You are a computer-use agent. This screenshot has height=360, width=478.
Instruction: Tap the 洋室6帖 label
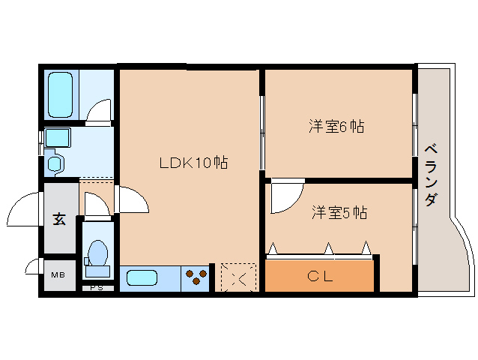pyautogui.click(x=336, y=127)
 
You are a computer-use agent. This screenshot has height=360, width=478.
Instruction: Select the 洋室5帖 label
pyautogui.click(x=339, y=212)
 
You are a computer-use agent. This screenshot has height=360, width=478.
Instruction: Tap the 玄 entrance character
pyautogui.click(x=58, y=219)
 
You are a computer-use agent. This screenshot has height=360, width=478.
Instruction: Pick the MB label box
pyautogui.click(x=58, y=275)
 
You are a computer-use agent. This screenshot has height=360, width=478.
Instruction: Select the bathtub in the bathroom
pyautogui.click(x=60, y=94)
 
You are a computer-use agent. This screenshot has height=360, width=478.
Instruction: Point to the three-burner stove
pyautogui.click(x=196, y=277)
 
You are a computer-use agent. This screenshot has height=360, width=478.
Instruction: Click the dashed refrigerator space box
pyautogui.click(x=238, y=277)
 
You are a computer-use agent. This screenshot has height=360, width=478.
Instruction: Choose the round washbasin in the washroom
pyautogui.click(x=53, y=162)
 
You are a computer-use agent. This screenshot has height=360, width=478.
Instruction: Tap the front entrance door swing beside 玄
pyautogui.click(x=24, y=209)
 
